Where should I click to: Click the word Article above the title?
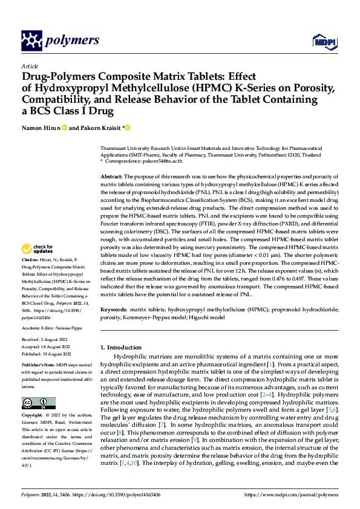(30, 66)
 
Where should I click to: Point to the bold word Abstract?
(113, 175)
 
